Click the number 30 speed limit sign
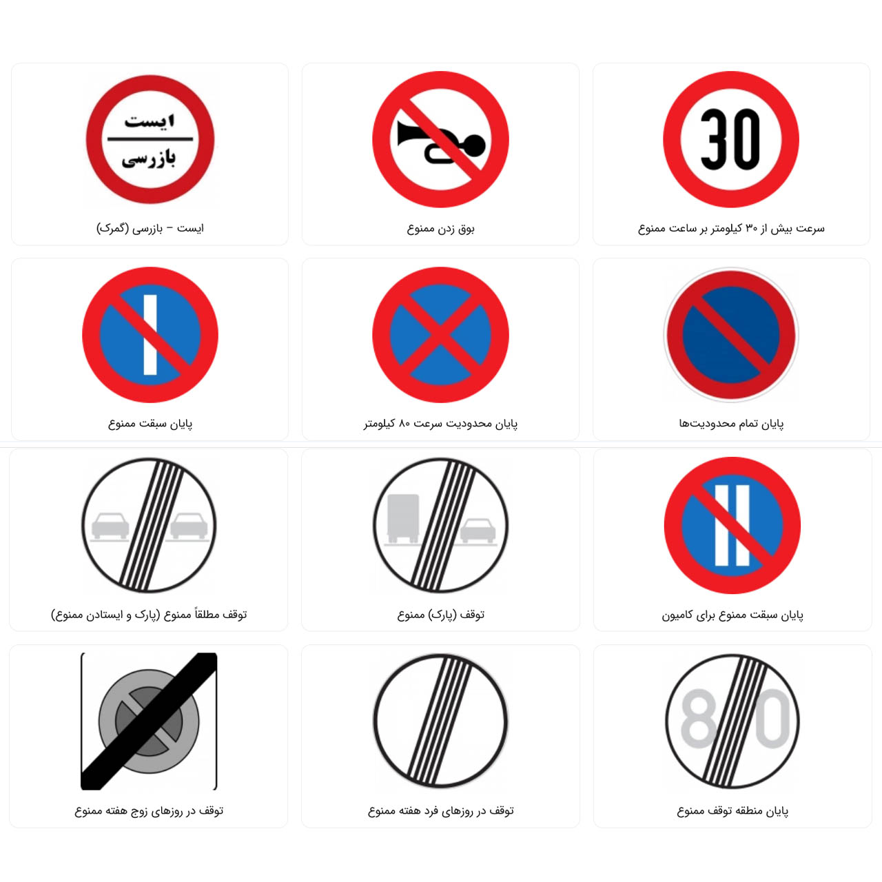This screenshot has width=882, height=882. pyautogui.click(x=731, y=139)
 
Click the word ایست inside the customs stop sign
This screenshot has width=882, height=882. pyautogui.click(x=150, y=121)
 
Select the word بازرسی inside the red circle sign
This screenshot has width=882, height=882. pyautogui.click(x=150, y=158)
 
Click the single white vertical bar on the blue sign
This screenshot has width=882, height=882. pyautogui.click(x=150, y=335)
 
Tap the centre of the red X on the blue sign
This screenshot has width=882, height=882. pyautogui.click(x=440, y=335)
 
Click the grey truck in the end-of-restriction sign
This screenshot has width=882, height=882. pyautogui.click(x=403, y=518)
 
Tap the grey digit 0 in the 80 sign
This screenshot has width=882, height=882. pyautogui.click(x=773, y=719)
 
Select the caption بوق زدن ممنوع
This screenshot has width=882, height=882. pyautogui.click(x=440, y=228)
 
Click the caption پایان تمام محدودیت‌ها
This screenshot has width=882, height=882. pyautogui.click(x=731, y=423)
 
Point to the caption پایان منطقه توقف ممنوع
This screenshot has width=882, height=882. pyautogui.click(x=732, y=810)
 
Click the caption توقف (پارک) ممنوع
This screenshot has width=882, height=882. pyautogui.click(x=440, y=614)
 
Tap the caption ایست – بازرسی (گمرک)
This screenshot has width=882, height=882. pyautogui.click(x=150, y=228)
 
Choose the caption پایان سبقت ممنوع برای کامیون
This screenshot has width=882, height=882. pyautogui.click(x=732, y=615)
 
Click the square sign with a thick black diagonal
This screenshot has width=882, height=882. pyautogui.click(x=149, y=721)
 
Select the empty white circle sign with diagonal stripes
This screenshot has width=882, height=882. pyautogui.click(x=440, y=721)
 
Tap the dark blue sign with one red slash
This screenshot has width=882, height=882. pyautogui.click(x=731, y=335)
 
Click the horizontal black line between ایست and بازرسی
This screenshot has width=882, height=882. pyautogui.click(x=150, y=139)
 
